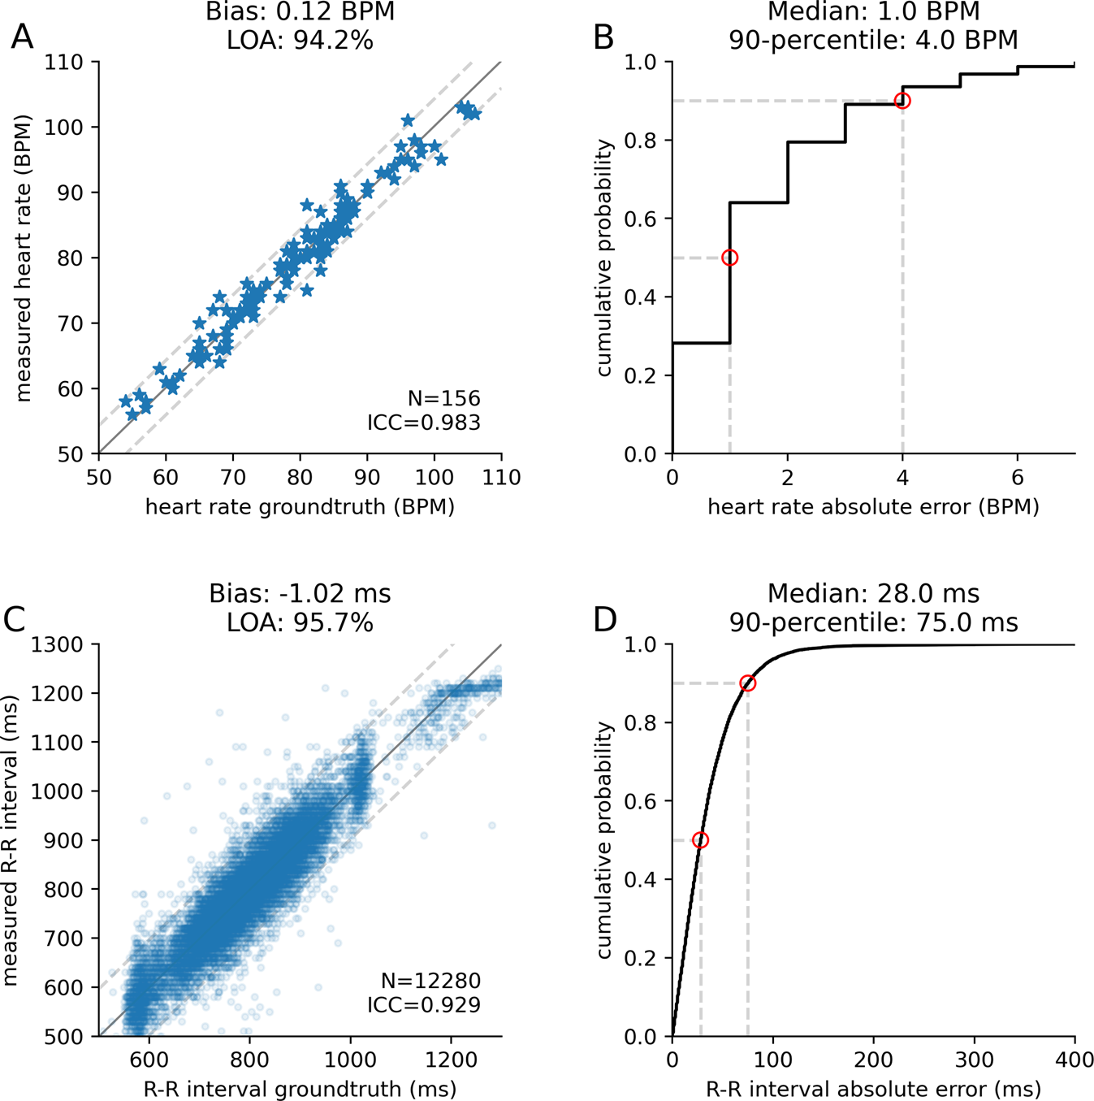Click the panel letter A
pyautogui.click(x=22, y=37)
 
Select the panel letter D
pyautogui.click(x=605, y=619)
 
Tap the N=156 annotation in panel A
pyautogui.click(x=443, y=398)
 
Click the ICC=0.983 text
pyautogui.click(x=423, y=423)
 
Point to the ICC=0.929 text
pyautogui.click(x=423, y=1004)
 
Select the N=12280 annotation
pyautogui.click(x=430, y=981)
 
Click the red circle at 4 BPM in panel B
pyautogui.click(x=902, y=101)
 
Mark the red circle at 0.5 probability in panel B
pyautogui.click(x=729, y=258)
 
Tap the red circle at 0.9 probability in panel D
pyautogui.click(x=747, y=683)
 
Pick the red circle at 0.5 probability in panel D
pyautogui.click(x=700, y=840)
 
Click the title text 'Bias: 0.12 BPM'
pyautogui.click(x=300, y=12)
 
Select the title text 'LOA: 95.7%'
pyautogui.click(x=300, y=622)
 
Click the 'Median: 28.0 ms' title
pyautogui.click(x=873, y=594)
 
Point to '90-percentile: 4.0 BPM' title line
pyautogui.click(x=873, y=40)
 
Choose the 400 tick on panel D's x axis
pyautogui.click(x=1074, y=1060)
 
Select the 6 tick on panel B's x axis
pyautogui.click(x=1018, y=477)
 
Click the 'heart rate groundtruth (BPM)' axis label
pyautogui.click(x=300, y=507)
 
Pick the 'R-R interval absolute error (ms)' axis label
pyautogui.click(x=873, y=1089)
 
